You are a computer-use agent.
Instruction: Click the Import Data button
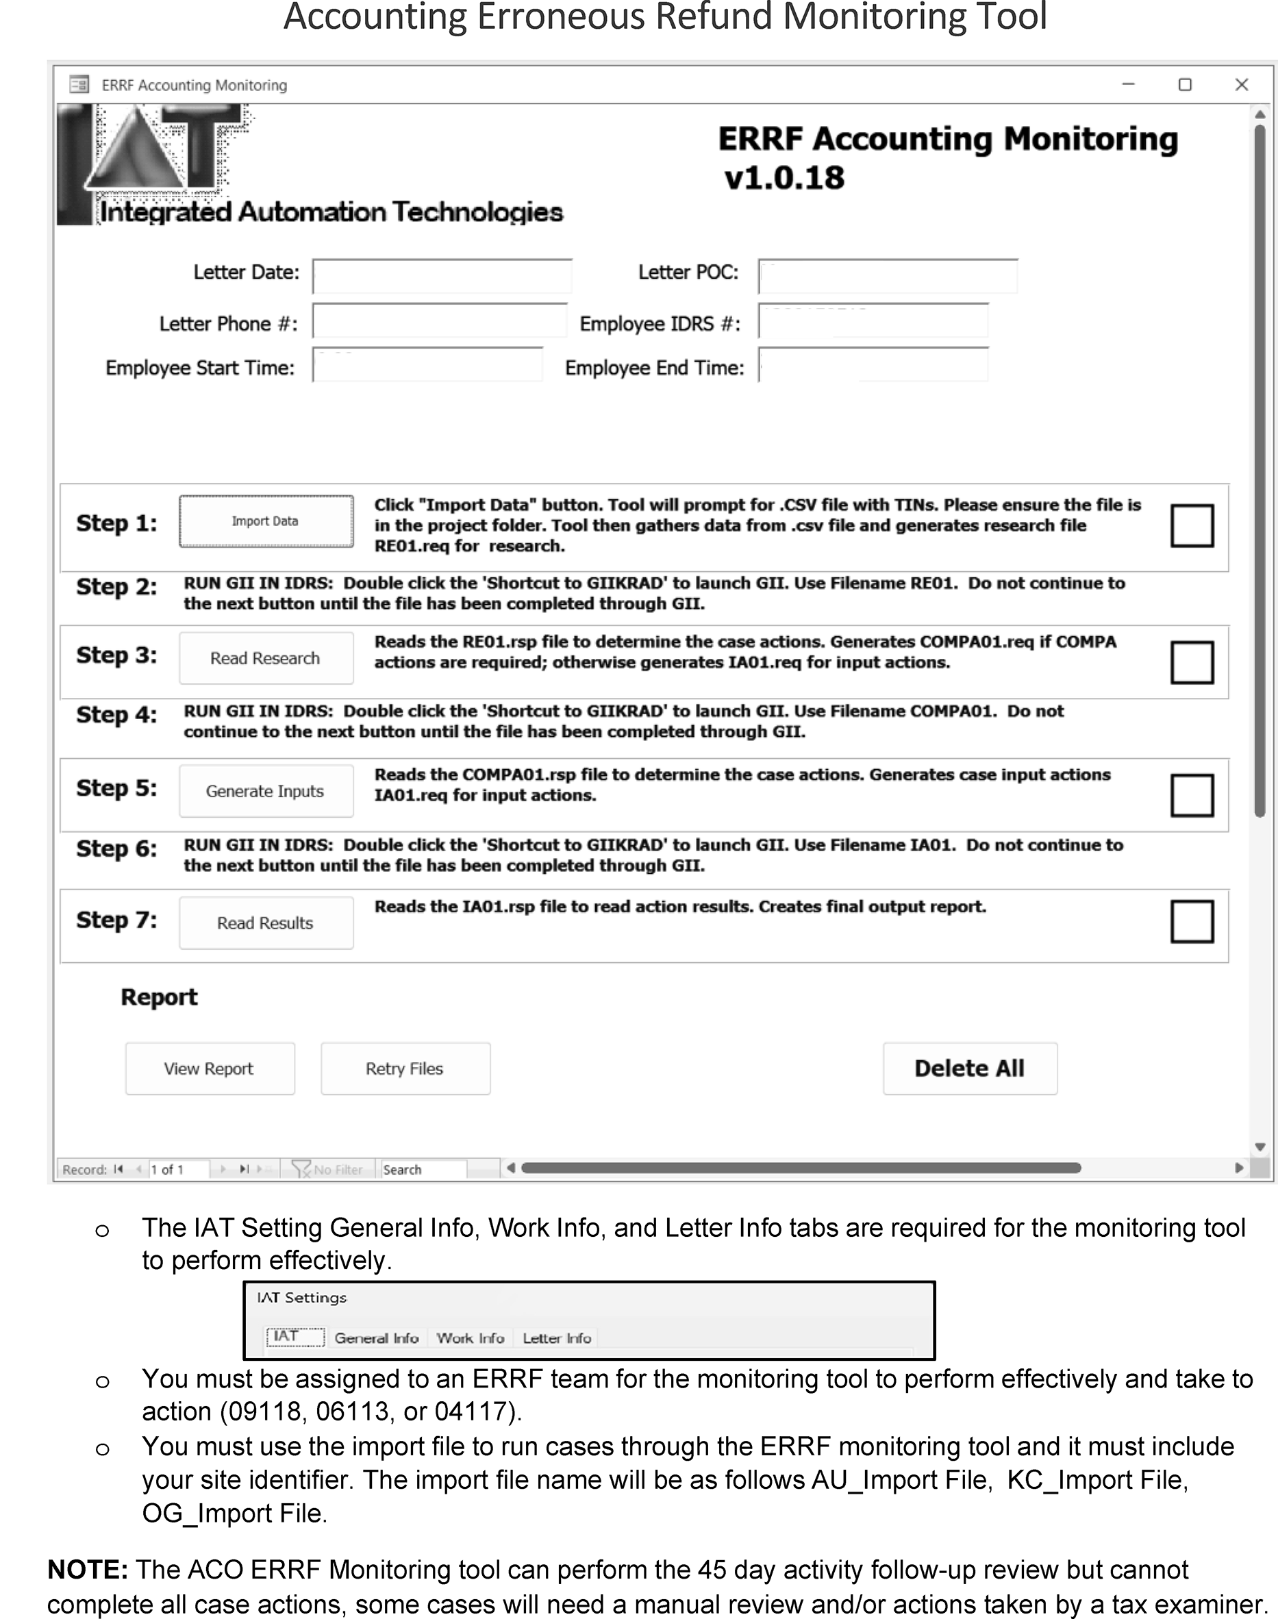(x=266, y=521)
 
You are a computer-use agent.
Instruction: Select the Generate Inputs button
(x=266, y=791)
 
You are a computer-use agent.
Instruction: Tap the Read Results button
(x=266, y=923)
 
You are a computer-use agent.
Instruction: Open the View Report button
(x=210, y=1068)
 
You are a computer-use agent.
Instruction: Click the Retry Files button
(x=405, y=1068)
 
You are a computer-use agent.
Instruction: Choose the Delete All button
(x=970, y=1068)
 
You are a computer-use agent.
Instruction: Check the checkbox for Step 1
(x=1191, y=525)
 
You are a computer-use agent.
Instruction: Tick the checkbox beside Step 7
(x=1191, y=921)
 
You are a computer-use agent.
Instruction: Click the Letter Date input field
(x=442, y=275)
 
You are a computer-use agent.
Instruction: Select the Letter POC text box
(x=888, y=275)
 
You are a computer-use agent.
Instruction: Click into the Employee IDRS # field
(x=873, y=321)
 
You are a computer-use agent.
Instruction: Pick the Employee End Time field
(x=873, y=364)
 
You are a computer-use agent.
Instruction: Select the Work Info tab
(x=470, y=1338)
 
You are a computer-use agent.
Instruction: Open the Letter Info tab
(x=557, y=1338)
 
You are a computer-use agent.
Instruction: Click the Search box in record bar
(x=423, y=1169)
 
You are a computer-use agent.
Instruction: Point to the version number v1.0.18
(x=784, y=178)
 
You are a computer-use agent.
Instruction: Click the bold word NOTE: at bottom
(x=88, y=1569)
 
